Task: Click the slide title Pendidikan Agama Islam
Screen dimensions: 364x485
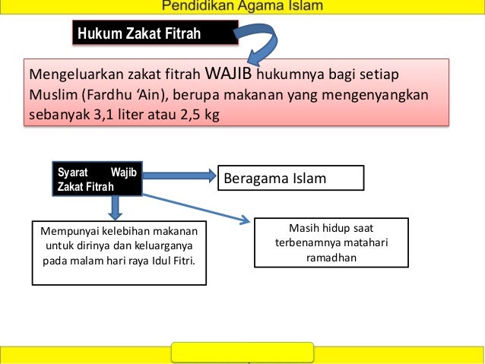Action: click(242, 7)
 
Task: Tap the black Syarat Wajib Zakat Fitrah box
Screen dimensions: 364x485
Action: click(97, 178)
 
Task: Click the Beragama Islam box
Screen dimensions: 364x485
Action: click(291, 179)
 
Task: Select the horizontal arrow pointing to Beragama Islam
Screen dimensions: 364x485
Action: click(179, 176)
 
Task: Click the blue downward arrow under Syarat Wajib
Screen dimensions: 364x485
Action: click(115, 206)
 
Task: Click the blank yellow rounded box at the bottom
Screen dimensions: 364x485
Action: click(242, 352)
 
